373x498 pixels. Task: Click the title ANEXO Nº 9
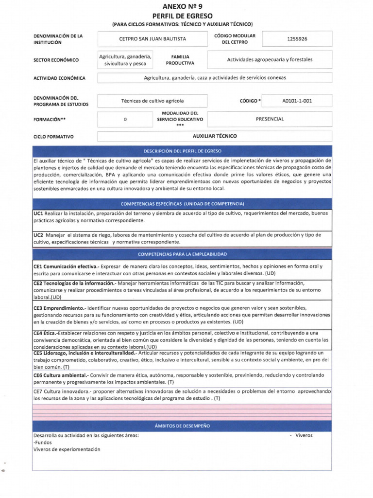[x=182, y=6]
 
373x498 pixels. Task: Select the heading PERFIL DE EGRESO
[x=182, y=16]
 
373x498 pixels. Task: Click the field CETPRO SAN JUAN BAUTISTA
[x=152, y=39]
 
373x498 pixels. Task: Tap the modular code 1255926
[x=297, y=39]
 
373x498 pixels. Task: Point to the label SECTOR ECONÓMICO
[x=56, y=60]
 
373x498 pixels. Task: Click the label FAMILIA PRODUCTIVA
[x=180, y=60]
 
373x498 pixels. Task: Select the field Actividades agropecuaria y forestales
[x=270, y=60]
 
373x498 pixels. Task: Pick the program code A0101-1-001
[x=297, y=101]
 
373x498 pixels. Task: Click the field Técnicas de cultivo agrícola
[x=152, y=101]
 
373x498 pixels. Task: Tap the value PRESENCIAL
[x=270, y=119]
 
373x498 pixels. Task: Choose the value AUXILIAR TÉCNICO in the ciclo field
[x=215, y=136]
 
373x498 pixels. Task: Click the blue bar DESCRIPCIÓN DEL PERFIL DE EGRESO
[x=182, y=151]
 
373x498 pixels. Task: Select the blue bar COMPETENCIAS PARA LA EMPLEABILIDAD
[x=182, y=254]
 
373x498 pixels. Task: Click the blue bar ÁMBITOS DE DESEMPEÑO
[x=182, y=426]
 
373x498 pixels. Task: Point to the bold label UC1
[x=39, y=213]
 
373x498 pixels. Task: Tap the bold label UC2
[x=39, y=234]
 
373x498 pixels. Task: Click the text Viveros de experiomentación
[x=67, y=449]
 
